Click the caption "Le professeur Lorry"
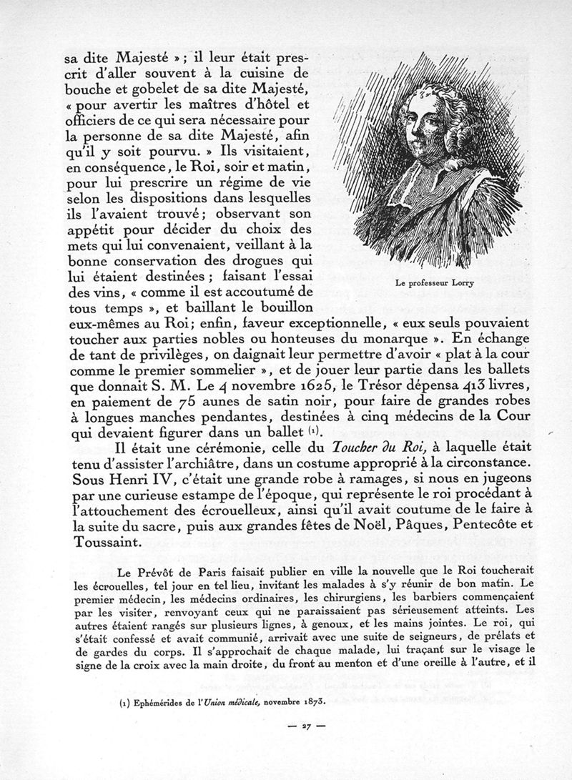click(434, 283)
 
